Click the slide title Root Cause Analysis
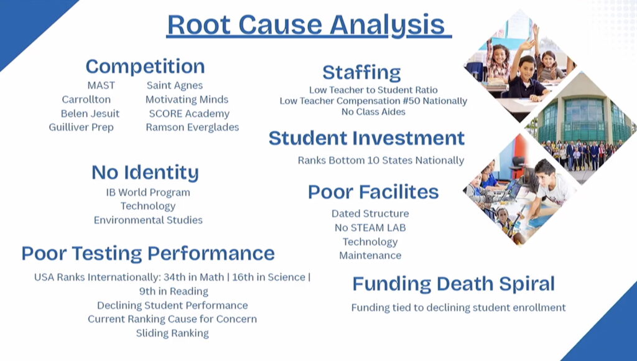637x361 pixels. (309, 25)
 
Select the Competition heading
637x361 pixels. (145, 66)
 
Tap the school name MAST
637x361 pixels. (101, 85)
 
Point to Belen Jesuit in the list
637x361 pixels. (90, 113)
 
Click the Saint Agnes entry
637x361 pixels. (175, 86)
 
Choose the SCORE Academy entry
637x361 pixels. (189, 114)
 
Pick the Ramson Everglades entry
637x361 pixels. (192, 128)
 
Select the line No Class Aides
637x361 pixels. (373, 112)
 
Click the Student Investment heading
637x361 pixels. (366, 138)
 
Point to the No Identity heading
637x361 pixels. (145, 172)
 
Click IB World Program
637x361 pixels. (148, 192)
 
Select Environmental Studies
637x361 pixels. (148, 220)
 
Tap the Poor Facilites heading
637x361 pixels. (373, 192)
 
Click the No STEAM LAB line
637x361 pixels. (370, 228)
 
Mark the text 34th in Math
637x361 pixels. (194, 277)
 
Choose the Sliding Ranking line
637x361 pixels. (172, 334)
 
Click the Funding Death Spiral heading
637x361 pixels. (453, 284)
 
